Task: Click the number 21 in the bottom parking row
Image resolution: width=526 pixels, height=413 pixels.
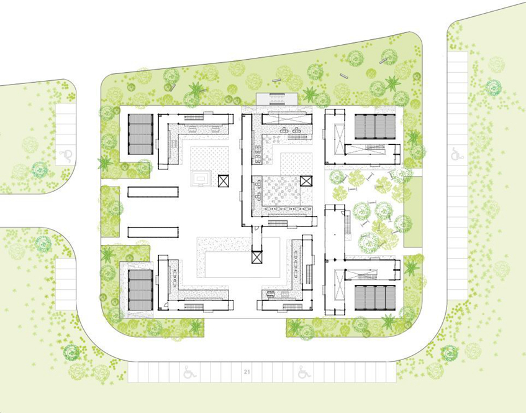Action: pos(247,372)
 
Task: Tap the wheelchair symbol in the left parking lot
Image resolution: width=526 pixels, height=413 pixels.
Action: pos(66,155)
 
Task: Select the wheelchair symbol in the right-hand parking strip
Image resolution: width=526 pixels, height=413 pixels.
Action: pos(456,154)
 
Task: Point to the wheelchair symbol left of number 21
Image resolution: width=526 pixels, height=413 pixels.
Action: pos(190,372)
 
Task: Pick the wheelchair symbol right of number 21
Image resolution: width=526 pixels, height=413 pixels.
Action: pos(304,372)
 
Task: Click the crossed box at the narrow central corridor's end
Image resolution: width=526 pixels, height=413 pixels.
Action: pos(256,258)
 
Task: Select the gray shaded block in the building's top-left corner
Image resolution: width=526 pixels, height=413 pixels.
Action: pos(140,134)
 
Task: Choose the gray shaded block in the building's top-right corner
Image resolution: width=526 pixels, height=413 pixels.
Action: pos(375,126)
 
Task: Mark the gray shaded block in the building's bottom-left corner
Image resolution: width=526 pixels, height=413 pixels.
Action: pos(140,290)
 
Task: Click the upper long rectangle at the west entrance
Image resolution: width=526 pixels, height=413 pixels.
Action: pos(153,192)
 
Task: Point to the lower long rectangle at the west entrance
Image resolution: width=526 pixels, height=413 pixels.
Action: pos(153,232)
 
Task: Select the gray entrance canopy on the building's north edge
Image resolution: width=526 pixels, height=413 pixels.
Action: pos(277,99)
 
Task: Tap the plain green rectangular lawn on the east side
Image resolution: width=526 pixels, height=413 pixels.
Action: pos(412,211)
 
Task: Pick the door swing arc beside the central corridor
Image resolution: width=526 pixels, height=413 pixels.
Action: pos(257,228)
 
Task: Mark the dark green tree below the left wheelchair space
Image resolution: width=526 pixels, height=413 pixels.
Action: pos(40,170)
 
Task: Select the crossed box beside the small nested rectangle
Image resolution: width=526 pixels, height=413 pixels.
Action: pos(223,181)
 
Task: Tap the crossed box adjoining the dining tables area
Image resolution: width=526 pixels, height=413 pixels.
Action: pos(306,181)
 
